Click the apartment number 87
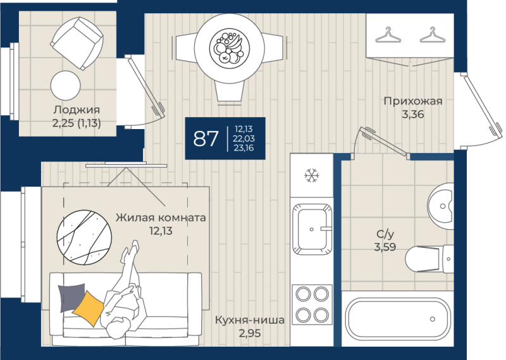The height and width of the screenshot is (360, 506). coord(206,139)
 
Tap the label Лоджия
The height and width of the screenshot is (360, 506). coord(77,110)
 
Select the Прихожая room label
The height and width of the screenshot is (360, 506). coord(413,101)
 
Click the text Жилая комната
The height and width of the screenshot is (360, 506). coord(161,218)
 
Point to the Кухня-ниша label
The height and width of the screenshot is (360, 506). coord(250,320)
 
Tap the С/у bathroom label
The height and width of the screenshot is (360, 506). coord(385,233)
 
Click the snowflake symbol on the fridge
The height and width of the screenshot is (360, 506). coord(311,175)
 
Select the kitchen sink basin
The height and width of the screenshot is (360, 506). coord(312,229)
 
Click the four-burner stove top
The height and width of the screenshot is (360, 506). coord(312,304)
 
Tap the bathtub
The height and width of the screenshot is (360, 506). coord(398,319)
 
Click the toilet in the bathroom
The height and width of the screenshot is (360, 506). coord(429,259)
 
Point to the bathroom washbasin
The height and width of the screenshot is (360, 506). coord(441,206)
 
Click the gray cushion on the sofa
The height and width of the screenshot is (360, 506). coord(71,297)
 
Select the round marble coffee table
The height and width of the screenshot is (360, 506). coord(84,238)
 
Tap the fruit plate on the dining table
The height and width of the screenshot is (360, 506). coord(230,49)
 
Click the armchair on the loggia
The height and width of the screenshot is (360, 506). coord(77,43)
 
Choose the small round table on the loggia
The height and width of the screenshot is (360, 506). coord(66,85)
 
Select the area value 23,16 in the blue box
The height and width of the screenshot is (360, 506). coord(244,148)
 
